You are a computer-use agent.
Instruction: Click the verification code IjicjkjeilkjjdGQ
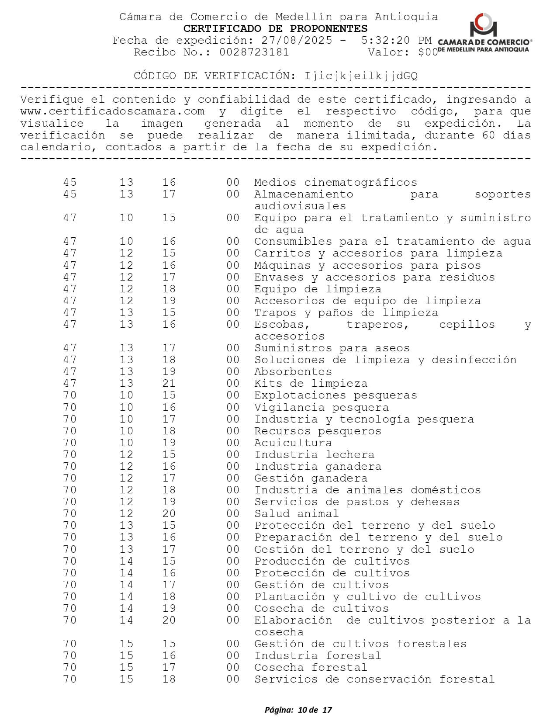pos(361,76)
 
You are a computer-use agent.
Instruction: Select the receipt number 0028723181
pos(254,52)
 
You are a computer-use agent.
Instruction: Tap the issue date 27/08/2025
pos(297,41)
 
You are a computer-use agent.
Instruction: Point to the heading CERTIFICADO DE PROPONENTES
pos(275,29)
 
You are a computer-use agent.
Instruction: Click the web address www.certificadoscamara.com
pos(112,111)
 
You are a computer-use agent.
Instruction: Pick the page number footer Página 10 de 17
pos(298,710)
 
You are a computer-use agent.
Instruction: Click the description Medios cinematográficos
pos(336,182)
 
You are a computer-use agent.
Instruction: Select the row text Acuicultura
pos(293,443)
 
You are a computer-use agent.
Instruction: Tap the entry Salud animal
pos(297,513)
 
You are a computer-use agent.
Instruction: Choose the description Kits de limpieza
pos(311,383)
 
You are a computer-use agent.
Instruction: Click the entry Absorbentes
pos(293,371)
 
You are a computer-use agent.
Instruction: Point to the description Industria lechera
pos(315,454)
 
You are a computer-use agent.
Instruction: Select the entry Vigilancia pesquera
pos(322,407)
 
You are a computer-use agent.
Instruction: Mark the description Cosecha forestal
pos(311,667)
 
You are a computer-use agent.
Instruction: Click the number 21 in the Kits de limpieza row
pos(169,383)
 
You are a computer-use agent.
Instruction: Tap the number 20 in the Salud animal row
pos(169,513)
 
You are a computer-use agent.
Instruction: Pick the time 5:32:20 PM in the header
pos(396,41)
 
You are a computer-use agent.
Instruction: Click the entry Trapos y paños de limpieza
pos(346,312)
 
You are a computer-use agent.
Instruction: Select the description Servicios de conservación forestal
pos(374,679)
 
